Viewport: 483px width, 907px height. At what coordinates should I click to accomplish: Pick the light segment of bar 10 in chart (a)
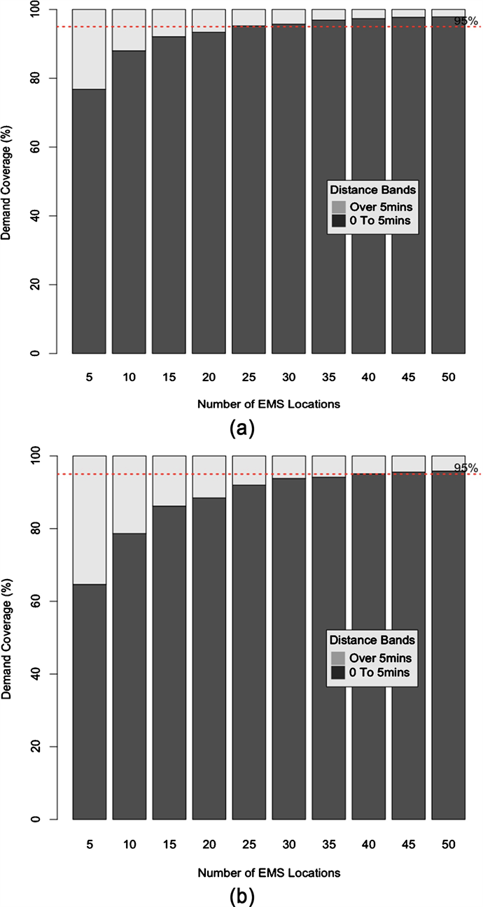(x=129, y=30)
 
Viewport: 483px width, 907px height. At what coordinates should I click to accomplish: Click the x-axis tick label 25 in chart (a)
(x=248, y=377)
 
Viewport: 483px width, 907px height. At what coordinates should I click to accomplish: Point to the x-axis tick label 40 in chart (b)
(x=369, y=844)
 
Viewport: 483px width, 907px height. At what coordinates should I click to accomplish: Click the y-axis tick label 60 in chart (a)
(x=52, y=148)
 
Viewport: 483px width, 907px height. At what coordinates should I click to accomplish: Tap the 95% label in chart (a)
(x=465, y=22)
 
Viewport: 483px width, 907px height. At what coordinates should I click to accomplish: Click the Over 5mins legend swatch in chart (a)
(x=338, y=207)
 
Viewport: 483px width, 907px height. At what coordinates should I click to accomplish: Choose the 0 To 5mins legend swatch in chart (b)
(x=338, y=673)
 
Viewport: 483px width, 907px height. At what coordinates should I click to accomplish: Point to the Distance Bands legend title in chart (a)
(x=372, y=191)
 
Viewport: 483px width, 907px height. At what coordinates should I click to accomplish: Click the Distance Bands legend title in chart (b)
(x=372, y=640)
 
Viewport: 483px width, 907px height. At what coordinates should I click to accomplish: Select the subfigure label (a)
(x=241, y=429)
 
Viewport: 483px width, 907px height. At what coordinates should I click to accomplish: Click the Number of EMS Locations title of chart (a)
(x=269, y=404)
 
